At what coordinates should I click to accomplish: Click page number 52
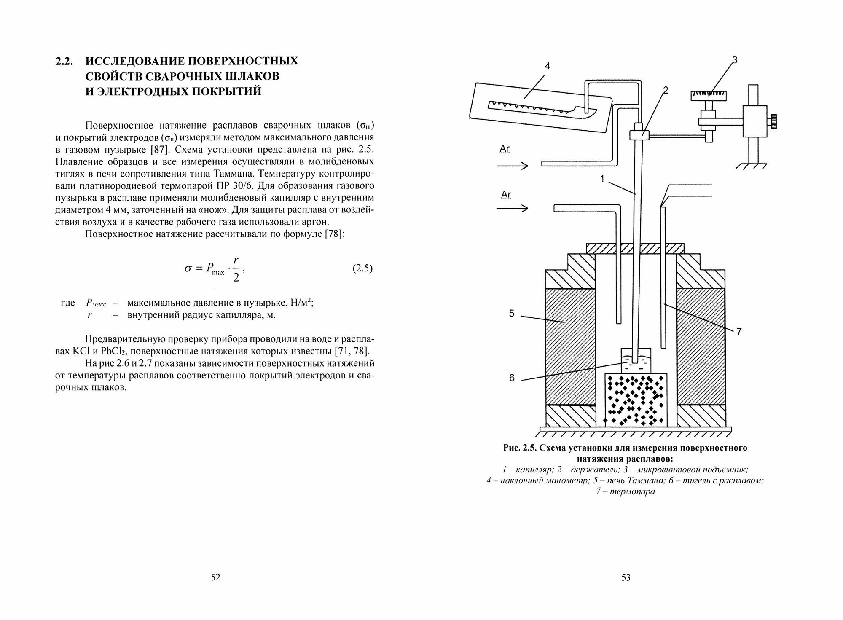(215, 577)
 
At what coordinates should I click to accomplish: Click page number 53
(626, 577)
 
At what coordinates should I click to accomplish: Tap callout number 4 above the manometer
(547, 66)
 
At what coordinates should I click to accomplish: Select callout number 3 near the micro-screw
(735, 60)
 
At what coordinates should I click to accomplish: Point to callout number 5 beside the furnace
(512, 314)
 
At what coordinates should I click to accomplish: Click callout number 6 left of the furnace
(512, 378)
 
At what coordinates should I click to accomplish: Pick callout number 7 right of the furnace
(739, 332)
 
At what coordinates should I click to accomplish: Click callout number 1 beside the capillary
(603, 179)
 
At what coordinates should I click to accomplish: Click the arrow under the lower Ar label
(512, 208)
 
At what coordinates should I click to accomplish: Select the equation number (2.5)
(362, 269)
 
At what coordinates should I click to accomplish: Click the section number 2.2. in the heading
(65, 62)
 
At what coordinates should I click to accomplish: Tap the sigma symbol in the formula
(188, 268)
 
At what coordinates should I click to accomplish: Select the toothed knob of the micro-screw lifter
(709, 95)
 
